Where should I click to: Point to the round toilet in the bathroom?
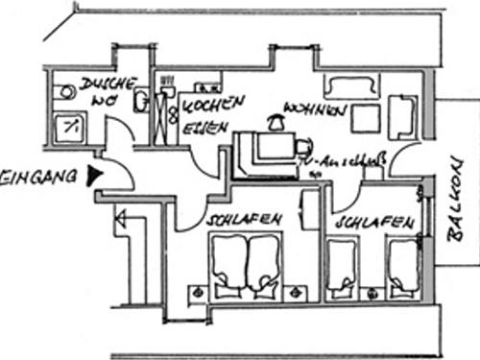tap(66, 92)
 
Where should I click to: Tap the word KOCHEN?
tap(214, 102)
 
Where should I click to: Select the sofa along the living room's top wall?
tap(350, 87)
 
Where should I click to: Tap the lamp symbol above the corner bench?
tap(275, 122)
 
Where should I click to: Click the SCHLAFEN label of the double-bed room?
tap(244, 220)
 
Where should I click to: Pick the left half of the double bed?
tap(228, 262)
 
